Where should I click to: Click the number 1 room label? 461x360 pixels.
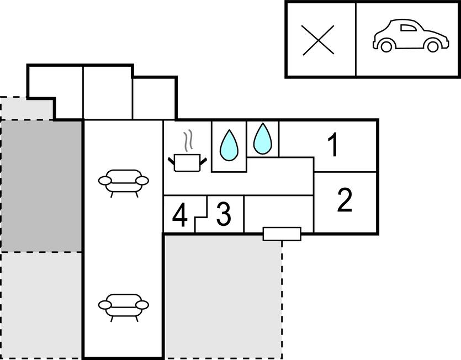[x=333, y=145]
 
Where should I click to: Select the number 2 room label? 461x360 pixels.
[x=345, y=200]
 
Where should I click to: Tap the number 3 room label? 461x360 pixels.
[x=224, y=214]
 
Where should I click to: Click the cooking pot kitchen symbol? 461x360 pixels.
[x=187, y=162]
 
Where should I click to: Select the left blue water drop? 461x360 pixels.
[x=229, y=145]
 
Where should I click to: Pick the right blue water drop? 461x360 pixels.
[x=263, y=139]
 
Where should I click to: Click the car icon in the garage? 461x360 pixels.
[x=411, y=36]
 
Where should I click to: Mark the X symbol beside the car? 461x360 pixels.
[x=319, y=40]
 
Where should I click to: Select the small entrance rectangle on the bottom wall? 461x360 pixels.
[x=282, y=234]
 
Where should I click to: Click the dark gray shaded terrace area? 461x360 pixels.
[x=41, y=186]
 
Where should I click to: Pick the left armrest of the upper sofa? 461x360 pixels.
[x=105, y=181]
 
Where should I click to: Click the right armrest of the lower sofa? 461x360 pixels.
[x=142, y=305]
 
